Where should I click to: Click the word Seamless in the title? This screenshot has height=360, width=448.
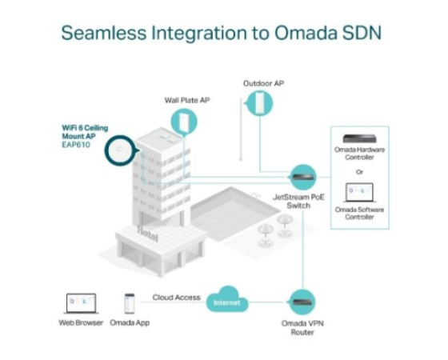pos(104,33)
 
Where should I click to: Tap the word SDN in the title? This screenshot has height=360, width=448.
pos(362,33)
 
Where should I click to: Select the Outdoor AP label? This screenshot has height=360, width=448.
pos(263,83)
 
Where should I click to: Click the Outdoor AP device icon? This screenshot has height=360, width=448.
pos(260,103)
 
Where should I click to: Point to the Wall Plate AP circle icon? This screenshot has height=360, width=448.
pos(184,122)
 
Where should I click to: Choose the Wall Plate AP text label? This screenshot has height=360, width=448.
pos(187,100)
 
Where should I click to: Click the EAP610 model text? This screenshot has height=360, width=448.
pos(76,145)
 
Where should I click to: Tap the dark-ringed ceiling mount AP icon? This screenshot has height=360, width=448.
pos(120,150)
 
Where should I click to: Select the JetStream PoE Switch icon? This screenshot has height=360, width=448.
pos(303,177)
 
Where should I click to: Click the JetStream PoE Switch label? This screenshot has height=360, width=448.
pos(298,201)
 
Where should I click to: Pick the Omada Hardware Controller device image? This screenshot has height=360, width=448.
pos(359,139)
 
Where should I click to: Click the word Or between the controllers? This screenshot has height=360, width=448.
pos(359,172)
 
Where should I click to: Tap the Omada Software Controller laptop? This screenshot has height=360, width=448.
pos(359,193)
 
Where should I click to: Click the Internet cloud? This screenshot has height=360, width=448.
pos(227,299)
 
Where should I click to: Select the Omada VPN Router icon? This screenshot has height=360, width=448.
pos(302,302)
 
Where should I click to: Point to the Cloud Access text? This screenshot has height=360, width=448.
pos(176,298)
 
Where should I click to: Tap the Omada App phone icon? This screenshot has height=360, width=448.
pos(130,304)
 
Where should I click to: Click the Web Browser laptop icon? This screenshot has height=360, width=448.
pos(81,304)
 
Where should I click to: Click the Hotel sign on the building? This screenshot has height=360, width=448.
pos(148,234)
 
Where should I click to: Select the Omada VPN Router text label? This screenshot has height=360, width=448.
pos(302,328)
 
